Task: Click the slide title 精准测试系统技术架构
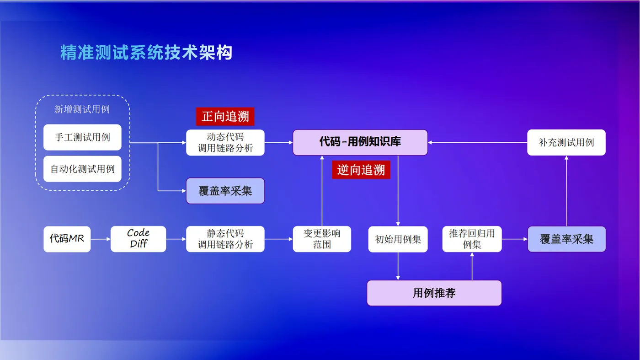click(x=146, y=53)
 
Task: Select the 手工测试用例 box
click(x=82, y=137)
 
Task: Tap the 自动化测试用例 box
click(x=82, y=169)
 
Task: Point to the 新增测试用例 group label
click(x=82, y=110)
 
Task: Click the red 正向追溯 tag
click(x=225, y=117)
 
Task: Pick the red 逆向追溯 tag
click(x=361, y=170)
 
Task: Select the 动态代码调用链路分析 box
click(x=225, y=143)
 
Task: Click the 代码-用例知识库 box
click(x=360, y=142)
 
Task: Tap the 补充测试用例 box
click(x=566, y=143)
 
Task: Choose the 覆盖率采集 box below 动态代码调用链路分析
click(x=225, y=191)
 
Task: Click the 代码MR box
click(x=67, y=239)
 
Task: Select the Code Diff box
click(x=138, y=239)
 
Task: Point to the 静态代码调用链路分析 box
click(x=225, y=239)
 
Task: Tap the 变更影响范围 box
click(x=322, y=239)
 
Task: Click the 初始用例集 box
click(x=398, y=239)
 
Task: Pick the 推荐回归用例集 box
click(x=472, y=239)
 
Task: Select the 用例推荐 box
click(x=434, y=293)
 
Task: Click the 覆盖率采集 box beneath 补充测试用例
click(x=566, y=239)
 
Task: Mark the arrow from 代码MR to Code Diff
click(x=101, y=239)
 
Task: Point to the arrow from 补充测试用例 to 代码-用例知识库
click(x=477, y=143)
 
